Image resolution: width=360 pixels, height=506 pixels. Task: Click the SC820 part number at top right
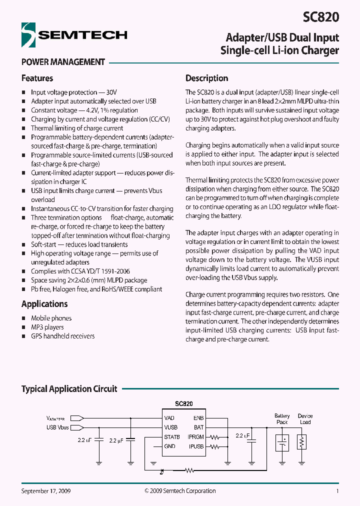[321, 17]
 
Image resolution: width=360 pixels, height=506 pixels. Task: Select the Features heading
[37, 78]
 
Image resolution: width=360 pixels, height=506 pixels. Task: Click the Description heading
[206, 78]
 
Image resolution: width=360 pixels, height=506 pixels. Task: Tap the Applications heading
[44, 304]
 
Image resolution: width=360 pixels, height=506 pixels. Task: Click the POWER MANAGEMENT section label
[63, 62]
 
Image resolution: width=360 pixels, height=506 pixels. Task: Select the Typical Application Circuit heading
[69, 389]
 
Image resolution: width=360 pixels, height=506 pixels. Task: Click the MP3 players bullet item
[47, 327]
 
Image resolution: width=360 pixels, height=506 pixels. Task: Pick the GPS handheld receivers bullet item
[62, 336]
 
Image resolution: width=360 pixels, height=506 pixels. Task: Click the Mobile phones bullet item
[51, 318]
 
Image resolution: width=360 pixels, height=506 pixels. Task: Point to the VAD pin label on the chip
[169, 418]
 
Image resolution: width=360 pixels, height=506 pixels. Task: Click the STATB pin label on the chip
[172, 437]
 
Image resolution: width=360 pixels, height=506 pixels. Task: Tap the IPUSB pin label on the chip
[196, 446]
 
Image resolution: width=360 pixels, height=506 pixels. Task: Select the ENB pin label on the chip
[198, 418]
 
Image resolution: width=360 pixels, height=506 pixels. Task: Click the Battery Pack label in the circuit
[282, 419]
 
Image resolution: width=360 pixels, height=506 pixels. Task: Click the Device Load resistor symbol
[301, 442]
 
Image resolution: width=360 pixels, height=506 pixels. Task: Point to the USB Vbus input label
[57, 427]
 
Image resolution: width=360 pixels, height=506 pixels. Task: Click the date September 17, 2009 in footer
[46, 491]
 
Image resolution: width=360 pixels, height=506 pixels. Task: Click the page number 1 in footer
[337, 491]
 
